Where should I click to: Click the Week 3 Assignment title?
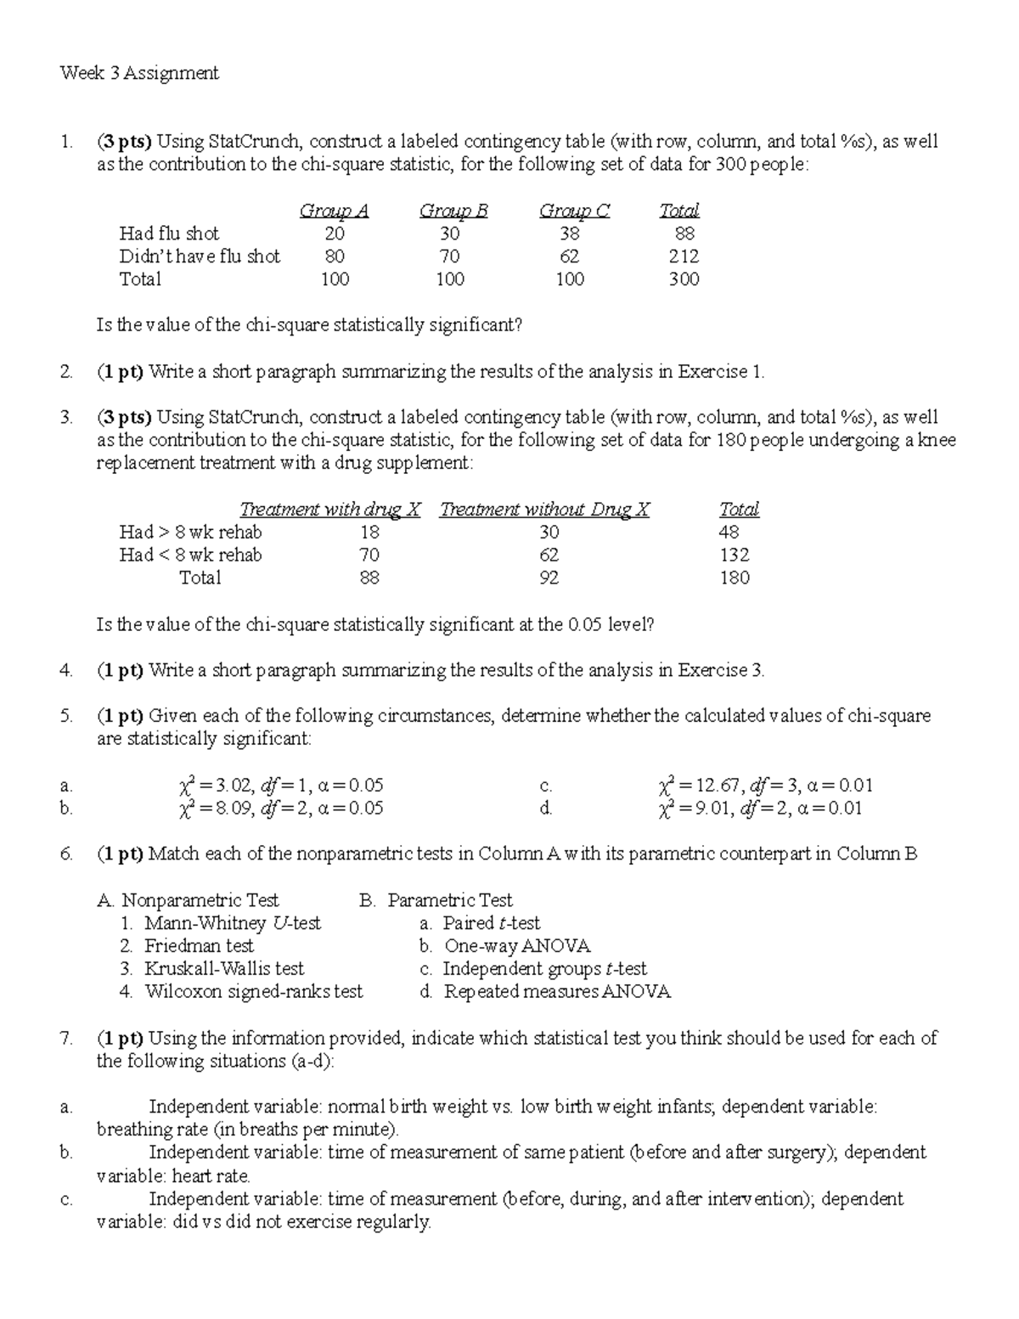coord(139,73)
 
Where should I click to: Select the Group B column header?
coord(453,211)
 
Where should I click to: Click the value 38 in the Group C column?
coord(569,234)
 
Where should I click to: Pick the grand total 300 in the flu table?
coord(684,279)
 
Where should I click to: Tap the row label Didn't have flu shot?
coord(200,256)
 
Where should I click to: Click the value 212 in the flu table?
coord(684,256)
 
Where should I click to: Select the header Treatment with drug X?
coord(330,510)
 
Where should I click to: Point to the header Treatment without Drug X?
coord(544,510)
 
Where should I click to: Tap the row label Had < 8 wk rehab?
coord(190,555)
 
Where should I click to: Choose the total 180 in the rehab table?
coord(734,578)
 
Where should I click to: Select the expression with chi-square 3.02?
coord(280,786)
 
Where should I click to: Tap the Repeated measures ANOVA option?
coord(556,992)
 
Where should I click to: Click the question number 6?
coord(66,854)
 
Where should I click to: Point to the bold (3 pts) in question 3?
coord(124,417)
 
